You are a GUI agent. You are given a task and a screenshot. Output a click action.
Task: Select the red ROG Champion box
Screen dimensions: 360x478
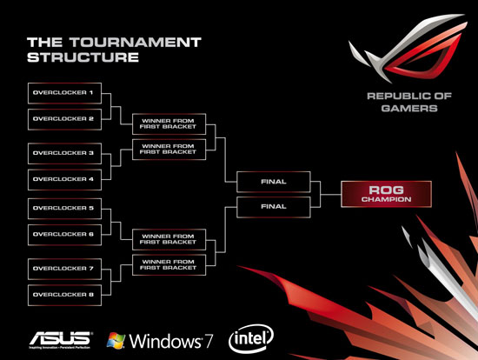(x=383, y=194)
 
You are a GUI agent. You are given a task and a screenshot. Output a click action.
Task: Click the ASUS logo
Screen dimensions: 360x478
(x=59, y=337)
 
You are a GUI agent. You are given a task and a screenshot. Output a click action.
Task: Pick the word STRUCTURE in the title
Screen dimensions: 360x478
(x=83, y=57)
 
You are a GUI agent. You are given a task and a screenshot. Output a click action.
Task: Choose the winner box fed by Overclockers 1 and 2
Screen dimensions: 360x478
(x=169, y=122)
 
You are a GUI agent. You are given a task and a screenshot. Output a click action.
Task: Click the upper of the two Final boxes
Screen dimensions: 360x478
(x=274, y=182)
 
